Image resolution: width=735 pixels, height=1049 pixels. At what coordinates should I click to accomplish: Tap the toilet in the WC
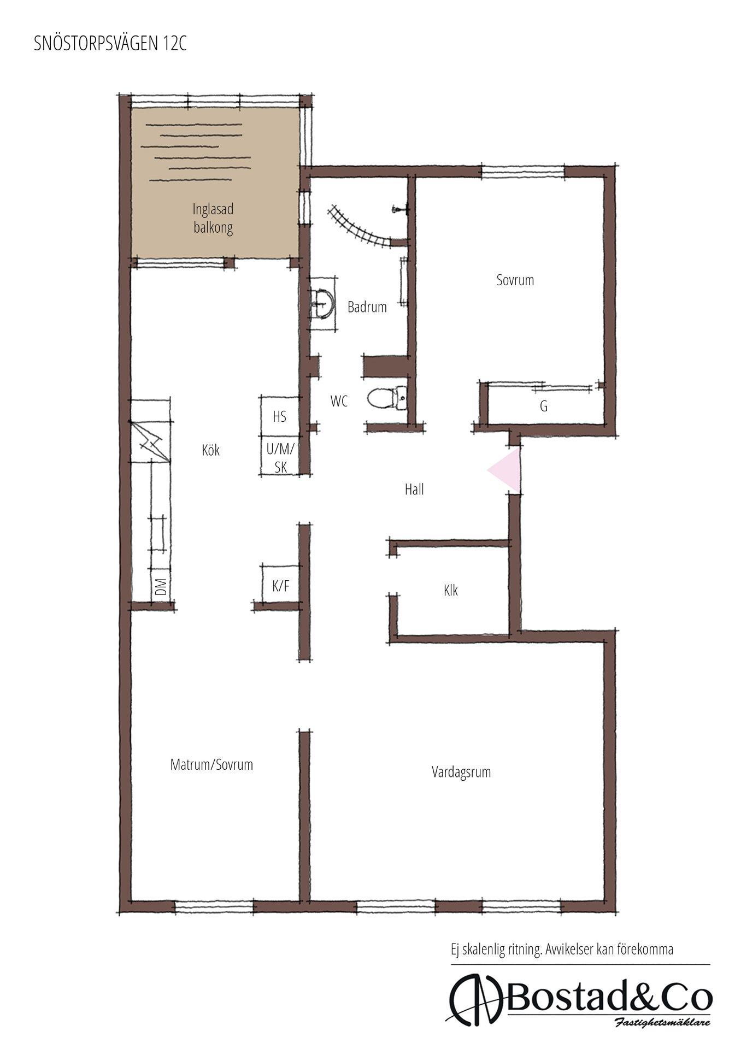click(387, 398)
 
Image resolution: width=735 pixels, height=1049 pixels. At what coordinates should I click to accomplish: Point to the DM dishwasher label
click(161, 587)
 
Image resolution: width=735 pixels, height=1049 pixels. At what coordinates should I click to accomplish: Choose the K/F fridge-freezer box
click(280, 584)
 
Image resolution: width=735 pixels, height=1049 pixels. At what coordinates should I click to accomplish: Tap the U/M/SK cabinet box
click(280, 456)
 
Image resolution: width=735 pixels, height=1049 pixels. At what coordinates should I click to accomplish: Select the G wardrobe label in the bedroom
click(543, 406)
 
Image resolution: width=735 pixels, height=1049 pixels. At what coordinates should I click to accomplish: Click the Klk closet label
click(451, 590)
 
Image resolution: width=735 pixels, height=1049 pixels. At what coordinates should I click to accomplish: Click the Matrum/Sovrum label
click(211, 764)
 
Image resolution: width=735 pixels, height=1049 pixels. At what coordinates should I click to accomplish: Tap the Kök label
click(211, 450)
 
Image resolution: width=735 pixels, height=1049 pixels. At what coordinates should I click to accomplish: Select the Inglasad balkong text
click(213, 219)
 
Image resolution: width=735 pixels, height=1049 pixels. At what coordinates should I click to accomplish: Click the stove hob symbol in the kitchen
click(150, 441)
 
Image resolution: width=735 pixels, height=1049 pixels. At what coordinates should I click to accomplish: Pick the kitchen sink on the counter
click(158, 533)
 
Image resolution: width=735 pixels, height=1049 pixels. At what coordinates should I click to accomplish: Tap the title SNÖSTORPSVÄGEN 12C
click(110, 44)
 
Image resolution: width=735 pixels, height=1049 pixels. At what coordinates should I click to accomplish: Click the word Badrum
click(367, 307)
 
